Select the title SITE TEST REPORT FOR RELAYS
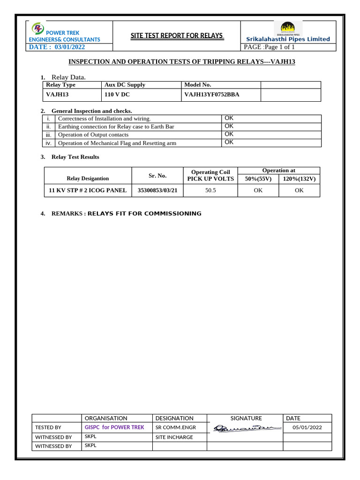[x=176, y=36]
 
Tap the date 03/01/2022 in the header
[x=70, y=47]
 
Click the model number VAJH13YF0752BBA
[x=212, y=94]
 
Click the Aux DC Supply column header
[x=125, y=85]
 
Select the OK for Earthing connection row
[x=229, y=126]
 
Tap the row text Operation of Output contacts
[x=93, y=135]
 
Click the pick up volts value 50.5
[x=210, y=190]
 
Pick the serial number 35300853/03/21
[x=157, y=190]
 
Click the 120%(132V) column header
[x=300, y=179]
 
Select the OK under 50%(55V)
[x=258, y=190]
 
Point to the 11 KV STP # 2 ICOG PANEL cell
[x=88, y=190]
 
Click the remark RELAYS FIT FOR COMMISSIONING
[x=144, y=214]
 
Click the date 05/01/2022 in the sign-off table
[x=307, y=427]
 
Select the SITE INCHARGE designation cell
[x=174, y=437]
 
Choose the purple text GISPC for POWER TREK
[x=114, y=427]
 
